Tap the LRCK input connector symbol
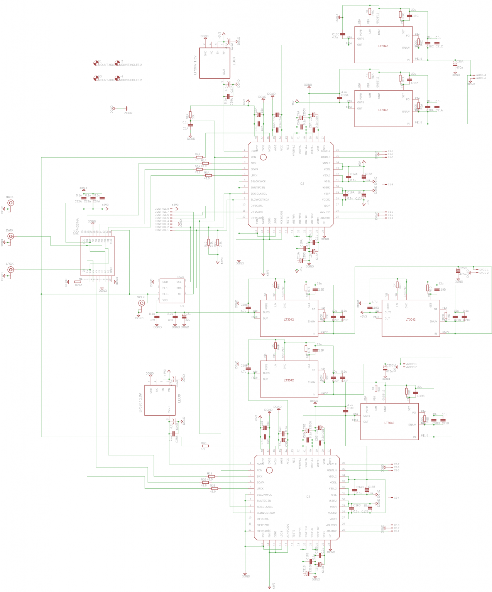[10, 270]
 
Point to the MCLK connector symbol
[142, 303]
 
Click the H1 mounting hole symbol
[96, 63]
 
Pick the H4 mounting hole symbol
[117, 78]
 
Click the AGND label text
[128, 113]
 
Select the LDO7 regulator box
[215, 63]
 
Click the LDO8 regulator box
[160, 400]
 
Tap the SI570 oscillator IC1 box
[172, 291]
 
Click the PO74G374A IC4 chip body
[97, 256]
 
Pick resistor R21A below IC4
[78, 282]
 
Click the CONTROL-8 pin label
[161, 209]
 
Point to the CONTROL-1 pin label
[161, 230]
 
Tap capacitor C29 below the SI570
[157, 317]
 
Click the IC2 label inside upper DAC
[302, 183]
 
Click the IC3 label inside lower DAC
[308, 496]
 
